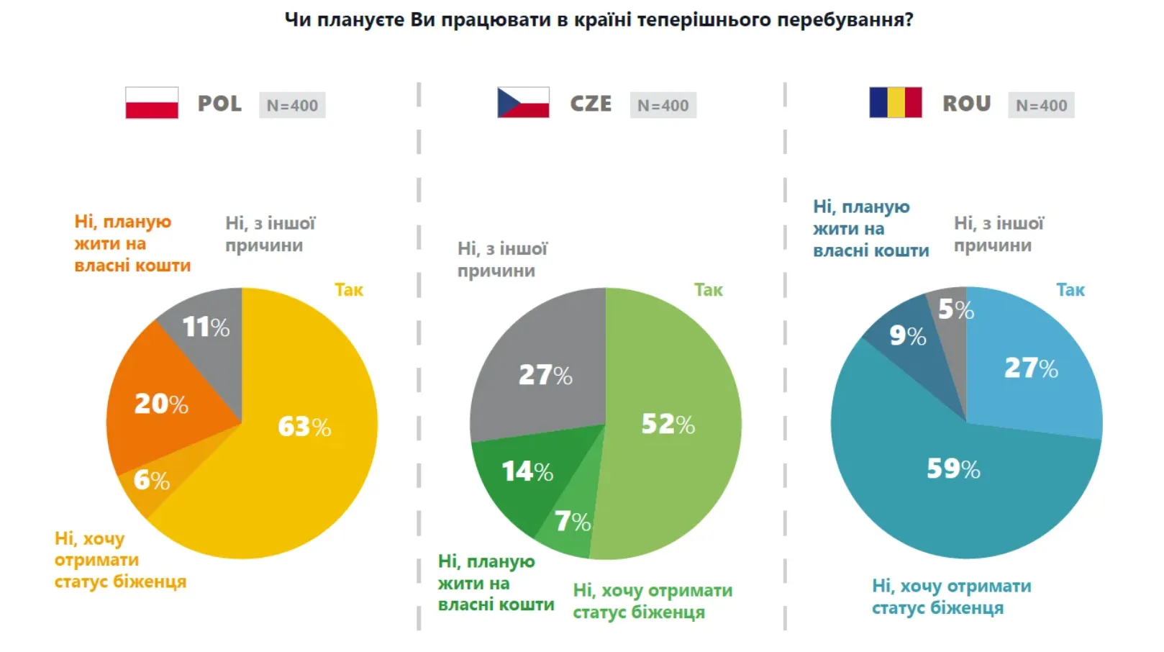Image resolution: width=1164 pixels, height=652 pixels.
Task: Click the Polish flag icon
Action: click(152, 103)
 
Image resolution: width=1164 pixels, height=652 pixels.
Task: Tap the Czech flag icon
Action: click(523, 103)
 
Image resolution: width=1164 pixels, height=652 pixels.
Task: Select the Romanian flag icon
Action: click(895, 103)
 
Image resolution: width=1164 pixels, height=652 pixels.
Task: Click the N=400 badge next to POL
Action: click(292, 105)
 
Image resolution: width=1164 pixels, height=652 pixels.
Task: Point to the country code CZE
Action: click(591, 104)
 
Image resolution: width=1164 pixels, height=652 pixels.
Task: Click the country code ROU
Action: click(966, 104)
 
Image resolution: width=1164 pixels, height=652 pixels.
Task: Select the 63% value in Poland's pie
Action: click(304, 427)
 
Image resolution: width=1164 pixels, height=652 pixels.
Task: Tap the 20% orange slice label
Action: click(161, 404)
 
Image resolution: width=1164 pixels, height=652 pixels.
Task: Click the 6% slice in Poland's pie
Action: click(151, 480)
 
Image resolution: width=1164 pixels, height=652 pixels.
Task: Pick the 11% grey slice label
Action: click(206, 327)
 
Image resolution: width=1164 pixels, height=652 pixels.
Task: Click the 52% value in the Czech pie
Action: click(668, 424)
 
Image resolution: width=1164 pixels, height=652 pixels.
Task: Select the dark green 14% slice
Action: click(527, 471)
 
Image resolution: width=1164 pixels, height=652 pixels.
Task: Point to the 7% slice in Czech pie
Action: click(573, 521)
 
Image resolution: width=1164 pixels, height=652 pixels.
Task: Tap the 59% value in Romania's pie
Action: click(953, 469)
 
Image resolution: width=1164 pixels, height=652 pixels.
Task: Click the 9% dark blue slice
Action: click(907, 335)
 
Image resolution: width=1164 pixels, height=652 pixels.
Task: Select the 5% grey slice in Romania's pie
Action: click(955, 309)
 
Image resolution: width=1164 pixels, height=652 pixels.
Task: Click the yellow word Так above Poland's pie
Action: click(349, 290)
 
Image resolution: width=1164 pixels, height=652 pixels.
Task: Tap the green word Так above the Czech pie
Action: click(708, 290)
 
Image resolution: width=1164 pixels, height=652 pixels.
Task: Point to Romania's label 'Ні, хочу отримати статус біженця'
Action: click(951, 597)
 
